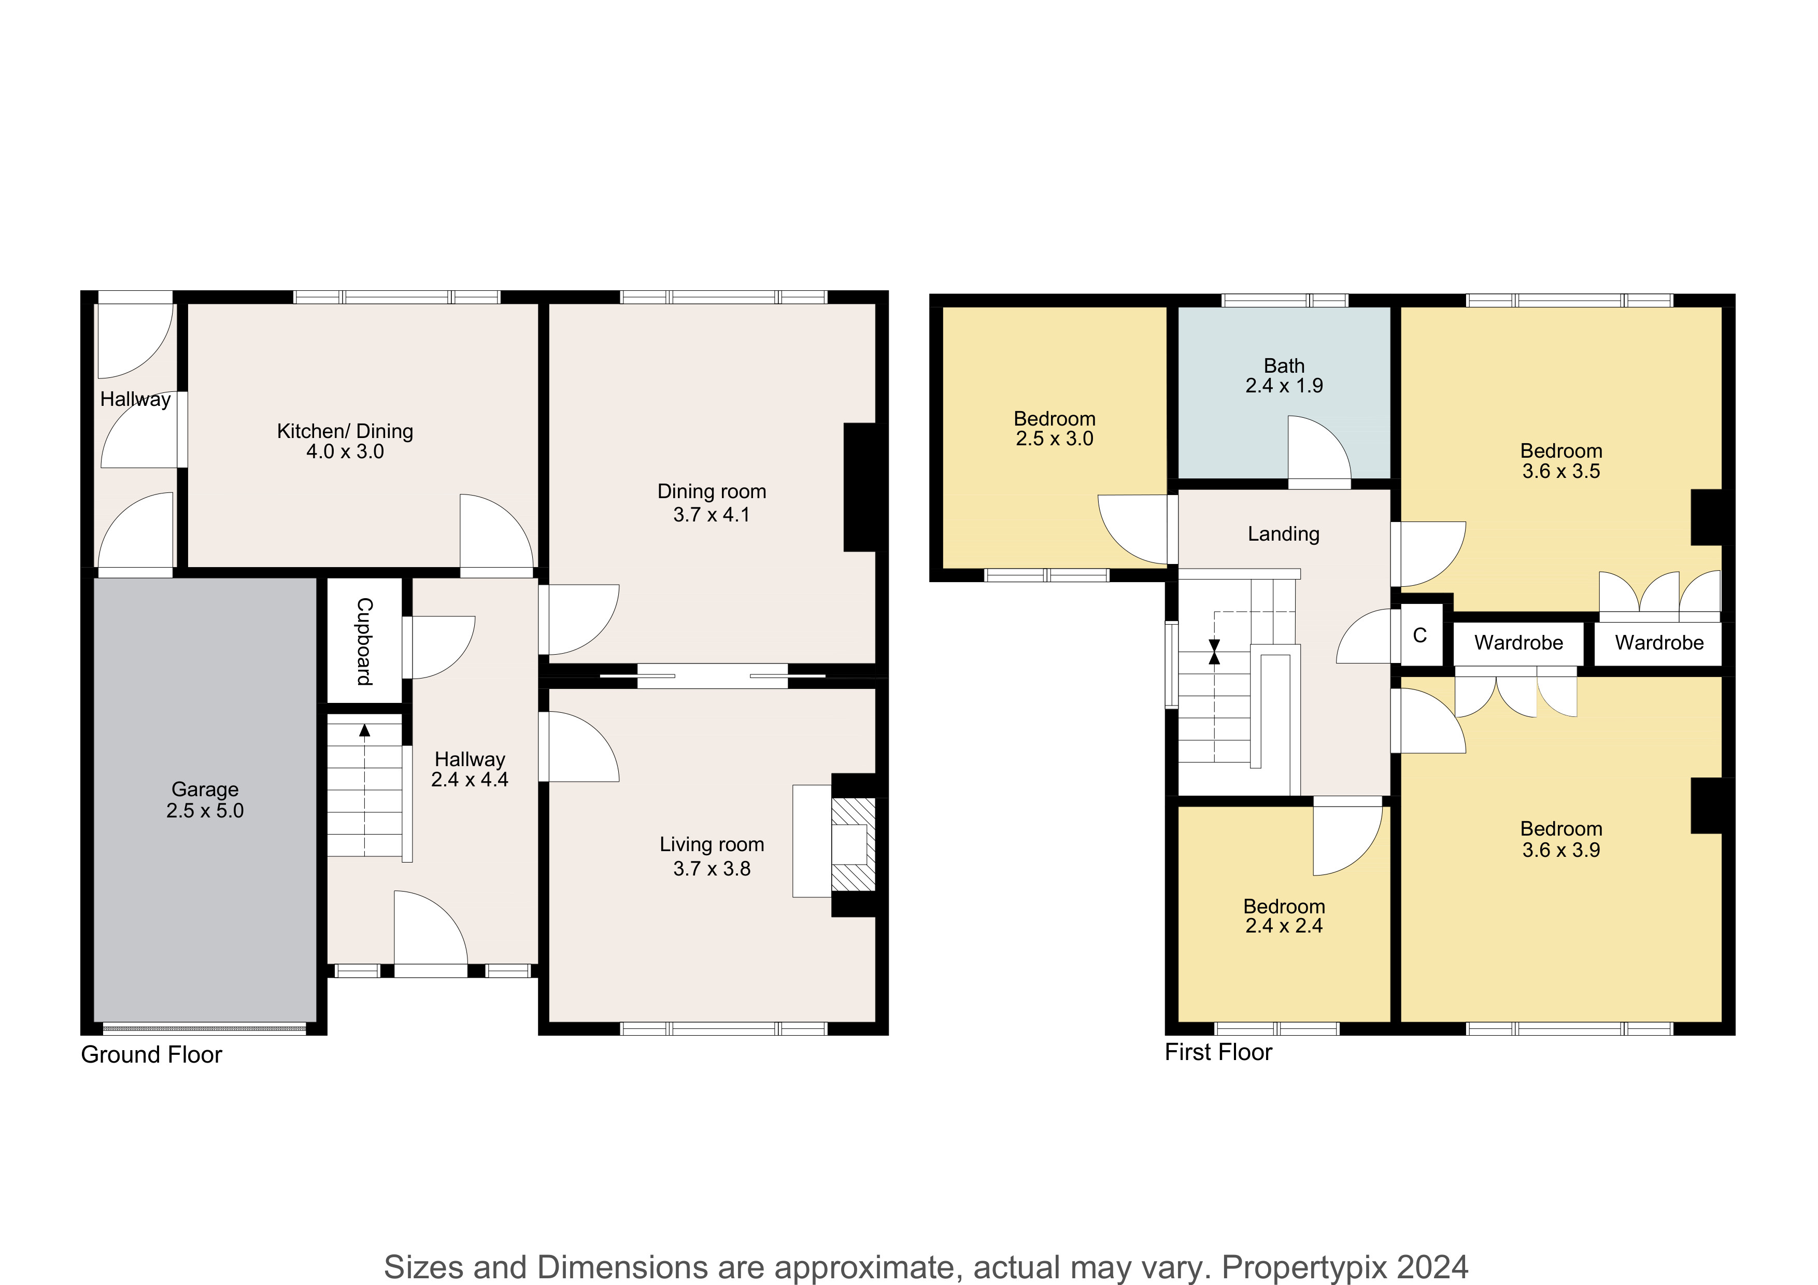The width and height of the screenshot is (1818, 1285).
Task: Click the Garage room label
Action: [x=205, y=789]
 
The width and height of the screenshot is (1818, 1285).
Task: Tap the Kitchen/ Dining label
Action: [x=345, y=431]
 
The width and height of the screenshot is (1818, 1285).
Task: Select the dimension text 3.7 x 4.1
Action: [x=711, y=515]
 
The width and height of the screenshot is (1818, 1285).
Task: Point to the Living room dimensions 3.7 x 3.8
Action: [x=711, y=869]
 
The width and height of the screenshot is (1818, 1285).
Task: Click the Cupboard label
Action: [x=364, y=641]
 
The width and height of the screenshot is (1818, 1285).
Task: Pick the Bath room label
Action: [x=1284, y=366]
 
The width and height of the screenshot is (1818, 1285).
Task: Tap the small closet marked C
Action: [x=1419, y=635]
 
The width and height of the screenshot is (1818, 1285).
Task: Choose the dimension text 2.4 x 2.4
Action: [x=1284, y=926]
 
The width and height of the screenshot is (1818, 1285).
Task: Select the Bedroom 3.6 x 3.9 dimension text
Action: [x=1560, y=850]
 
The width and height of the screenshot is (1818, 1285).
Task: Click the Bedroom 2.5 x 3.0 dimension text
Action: [x=1055, y=439]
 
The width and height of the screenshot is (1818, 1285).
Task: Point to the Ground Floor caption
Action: [x=151, y=1055]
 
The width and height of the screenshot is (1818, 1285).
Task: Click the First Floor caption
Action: [x=1218, y=1052]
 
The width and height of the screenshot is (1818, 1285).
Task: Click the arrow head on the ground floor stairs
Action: [x=364, y=730]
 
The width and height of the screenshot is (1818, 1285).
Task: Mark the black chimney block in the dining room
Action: [x=860, y=487]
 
